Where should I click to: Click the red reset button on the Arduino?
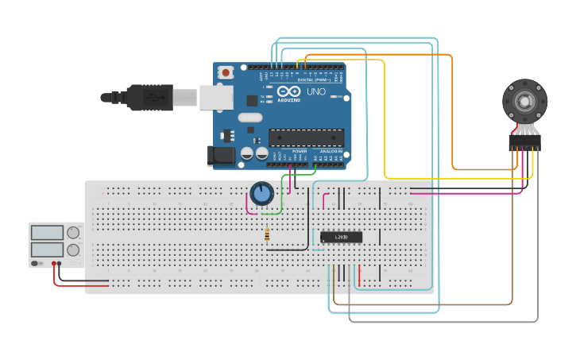click(226, 72)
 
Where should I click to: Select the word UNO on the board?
click(315, 91)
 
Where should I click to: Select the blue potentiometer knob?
click(261, 193)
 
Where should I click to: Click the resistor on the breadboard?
click(266, 234)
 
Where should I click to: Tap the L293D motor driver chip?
click(342, 237)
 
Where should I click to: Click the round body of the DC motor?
click(524, 102)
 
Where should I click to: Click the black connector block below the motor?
click(524, 143)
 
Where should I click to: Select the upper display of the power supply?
click(47, 233)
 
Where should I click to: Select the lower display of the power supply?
click(47, 250)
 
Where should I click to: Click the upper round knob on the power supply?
click(73, 233)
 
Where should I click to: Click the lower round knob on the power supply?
click(73, 250)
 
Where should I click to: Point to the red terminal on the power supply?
click(54, 263)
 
